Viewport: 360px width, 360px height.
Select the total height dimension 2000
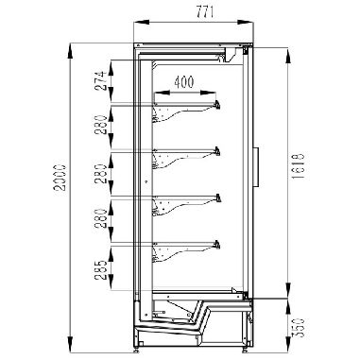pos(60,178)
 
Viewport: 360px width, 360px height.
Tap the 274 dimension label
pos(101,81)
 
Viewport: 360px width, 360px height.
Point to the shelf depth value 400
pos(184,82)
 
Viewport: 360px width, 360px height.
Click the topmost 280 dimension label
pos(101,125)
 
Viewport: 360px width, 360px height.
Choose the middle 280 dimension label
pos(101,174)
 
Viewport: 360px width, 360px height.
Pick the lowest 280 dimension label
pos(101,218)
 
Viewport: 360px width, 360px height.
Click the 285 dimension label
pos(101,270)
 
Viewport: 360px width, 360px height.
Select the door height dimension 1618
pos(299,166)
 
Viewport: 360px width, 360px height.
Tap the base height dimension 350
pos(299,328)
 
